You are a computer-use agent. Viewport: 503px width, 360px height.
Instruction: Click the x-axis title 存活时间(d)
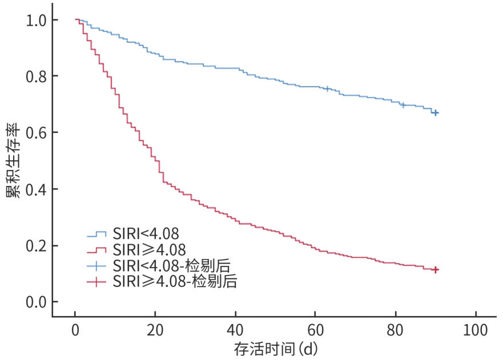tap(275, 349)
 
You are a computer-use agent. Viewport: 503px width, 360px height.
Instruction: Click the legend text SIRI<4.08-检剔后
tap(175, 265)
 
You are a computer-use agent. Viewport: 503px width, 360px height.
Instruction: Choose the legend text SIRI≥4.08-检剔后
tap(175, 281)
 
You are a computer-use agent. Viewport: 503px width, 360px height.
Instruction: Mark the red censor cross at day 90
tap(436, 269)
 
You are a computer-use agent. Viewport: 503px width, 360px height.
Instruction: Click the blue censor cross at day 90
tap(435, 113)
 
